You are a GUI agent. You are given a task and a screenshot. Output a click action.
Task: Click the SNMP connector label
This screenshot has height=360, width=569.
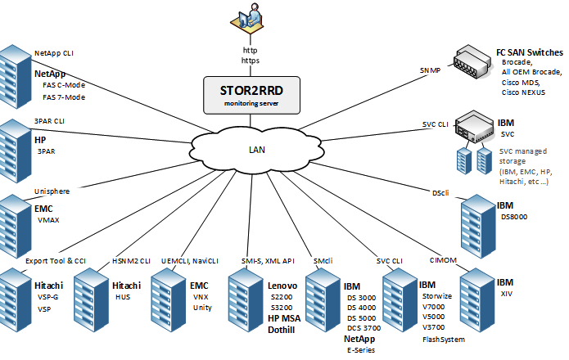pyautogui.click(x=429, y=70)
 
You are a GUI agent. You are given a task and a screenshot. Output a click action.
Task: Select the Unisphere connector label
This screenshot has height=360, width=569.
pyautogui.click(x=52, y=191)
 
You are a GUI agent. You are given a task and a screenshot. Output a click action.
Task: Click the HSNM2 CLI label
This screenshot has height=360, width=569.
pyautogui.click(x=131, y=261)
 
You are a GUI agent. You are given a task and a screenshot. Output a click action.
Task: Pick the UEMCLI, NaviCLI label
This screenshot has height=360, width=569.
pyautogui.click(x=190, y=261)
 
